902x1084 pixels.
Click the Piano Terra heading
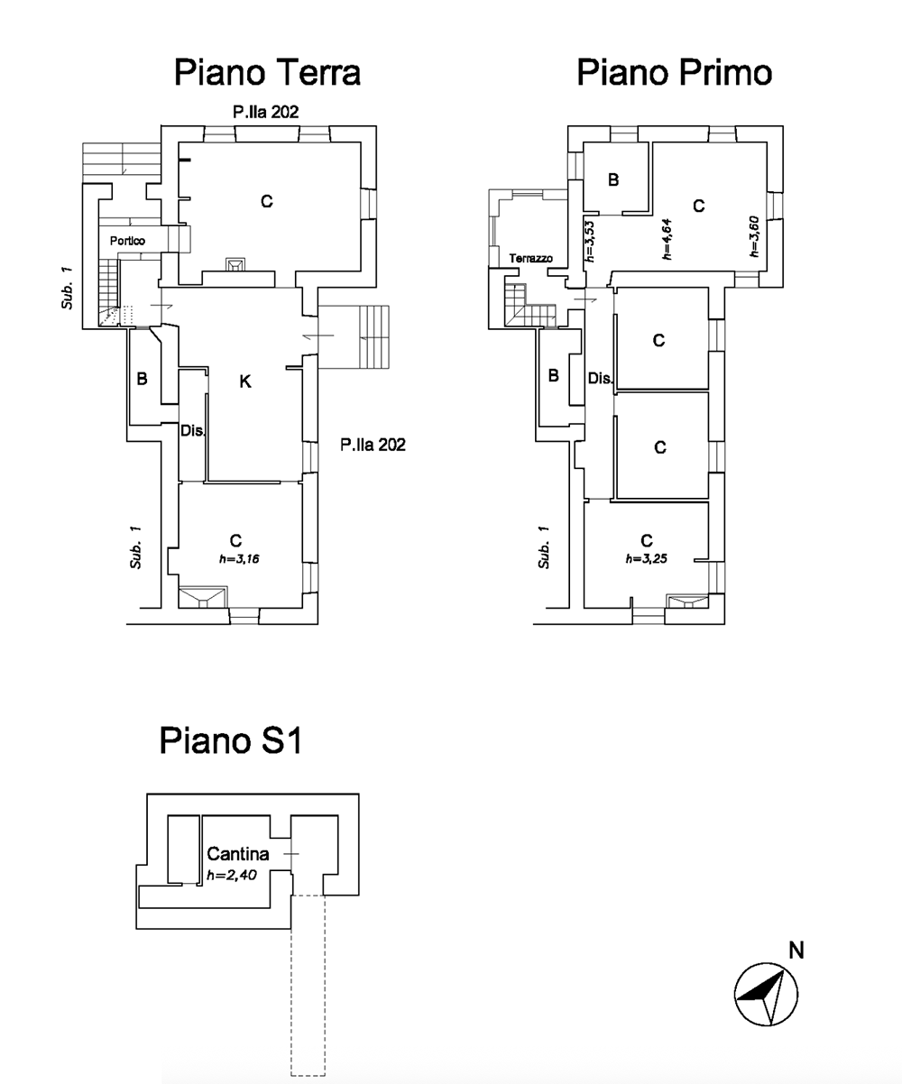pyautogui.click(x=267, y=72)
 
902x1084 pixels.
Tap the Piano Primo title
pyautogui.click(x=675, y=72)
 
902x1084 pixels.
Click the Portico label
pyautogui.click(x=127, y=241)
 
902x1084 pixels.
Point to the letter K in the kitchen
pyautogui.click(x=244, y=382)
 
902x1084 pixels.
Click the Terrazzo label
pyautogui.click(x=530, y=258)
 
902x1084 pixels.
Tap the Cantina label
pyautogui.click(x=238, y=853)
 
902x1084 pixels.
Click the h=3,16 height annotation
pyautogui.click(x=245, y=559)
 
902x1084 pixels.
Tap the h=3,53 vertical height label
pyautogui.click(x=589, y=241)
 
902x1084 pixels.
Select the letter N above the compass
pyautogui.click(x=796, y=950)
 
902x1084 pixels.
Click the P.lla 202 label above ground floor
pyautogui.click(x=265, y=112)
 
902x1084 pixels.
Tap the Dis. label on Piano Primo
pyautogui.click(x=601, y=379)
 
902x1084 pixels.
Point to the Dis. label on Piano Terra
pyautogui.click(x=193, y=430)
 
